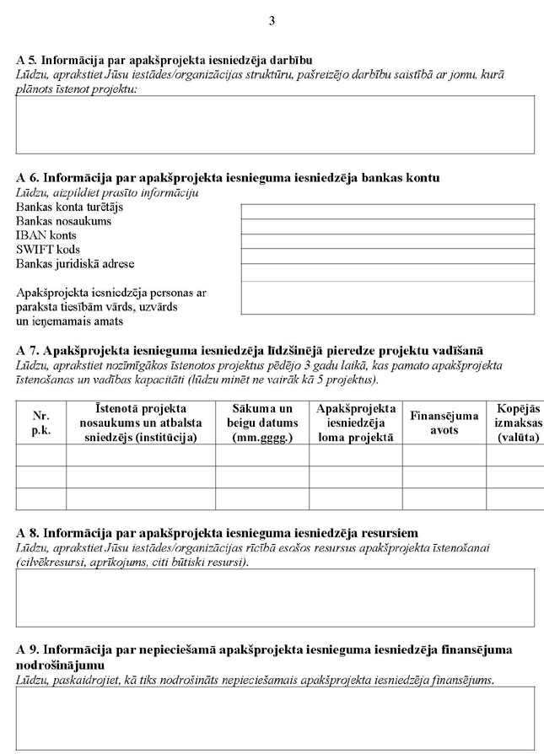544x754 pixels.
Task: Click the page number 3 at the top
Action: click(x=272, y=21)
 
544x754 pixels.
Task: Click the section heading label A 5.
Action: click(x=28, y=61)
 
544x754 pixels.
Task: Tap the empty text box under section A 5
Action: click(x=275, y=124)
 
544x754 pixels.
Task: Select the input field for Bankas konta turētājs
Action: click(x=387, y=211)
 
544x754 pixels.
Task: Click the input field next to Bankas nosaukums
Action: click(x=387, y=225)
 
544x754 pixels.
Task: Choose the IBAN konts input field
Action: click(x=387, y=240)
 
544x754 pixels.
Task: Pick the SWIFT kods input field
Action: click(x=387, y=255)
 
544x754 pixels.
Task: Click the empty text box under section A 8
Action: click(x=275, y=597)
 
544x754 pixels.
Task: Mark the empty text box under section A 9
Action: click(x=275, y=718)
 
